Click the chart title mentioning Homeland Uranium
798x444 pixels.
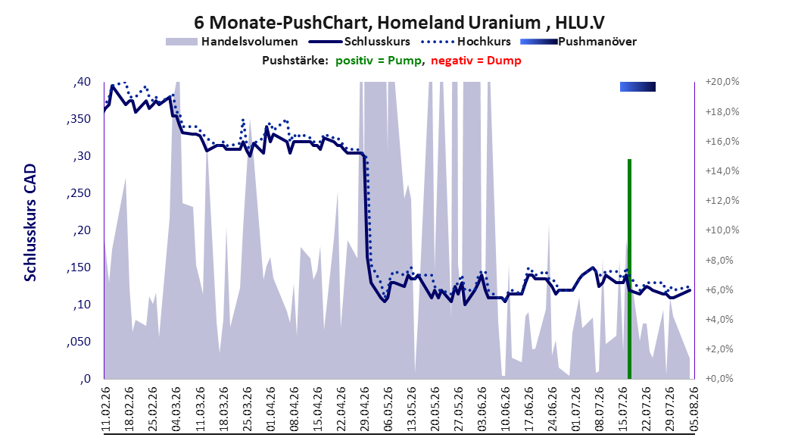coord(399,23)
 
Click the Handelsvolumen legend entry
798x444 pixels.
coord(232,42)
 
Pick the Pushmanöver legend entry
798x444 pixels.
coord(578,42)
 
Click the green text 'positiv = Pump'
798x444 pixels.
coord(378,61)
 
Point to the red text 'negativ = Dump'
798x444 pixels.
coord(476,61)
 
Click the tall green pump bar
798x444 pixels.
coord(630,269)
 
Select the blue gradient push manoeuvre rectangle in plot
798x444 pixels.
coord(637,86)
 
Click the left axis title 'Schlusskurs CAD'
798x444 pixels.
coord(30,222)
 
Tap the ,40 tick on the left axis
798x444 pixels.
coord(82,82)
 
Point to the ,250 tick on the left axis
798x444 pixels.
coord(79,193)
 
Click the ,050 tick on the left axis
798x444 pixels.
coord(79,342)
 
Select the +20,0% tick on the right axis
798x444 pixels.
coord(722,82)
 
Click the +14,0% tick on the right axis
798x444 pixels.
coord(722,171)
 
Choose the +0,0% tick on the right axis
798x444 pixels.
coord(719,379)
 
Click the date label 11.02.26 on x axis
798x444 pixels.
coord(106,409)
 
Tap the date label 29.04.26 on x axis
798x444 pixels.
coord(365,409)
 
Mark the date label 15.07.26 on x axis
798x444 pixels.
coord(623,409)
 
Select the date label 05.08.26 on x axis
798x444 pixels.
coord(694,409)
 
